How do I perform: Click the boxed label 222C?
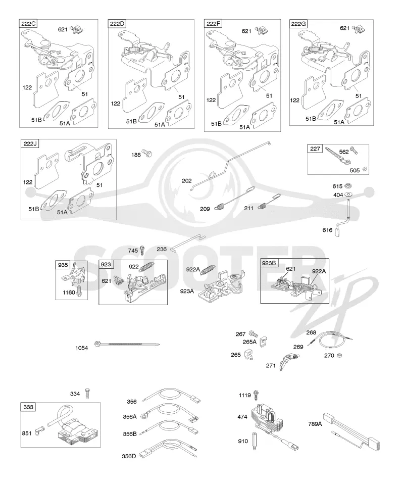(x=28, y=24)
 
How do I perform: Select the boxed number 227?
(x=315, y=149)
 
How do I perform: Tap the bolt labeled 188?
(x=147, y=153)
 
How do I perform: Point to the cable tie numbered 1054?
(x=127, y=344)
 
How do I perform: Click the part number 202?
(x=187, y=181)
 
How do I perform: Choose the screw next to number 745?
(x=142, y=250)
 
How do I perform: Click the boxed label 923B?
(x=269, y=263)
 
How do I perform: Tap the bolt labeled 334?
(x=87, y=393)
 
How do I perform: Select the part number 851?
(x=27, y=433)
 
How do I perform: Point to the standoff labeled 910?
(x=255, y=441)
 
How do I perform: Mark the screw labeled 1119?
(x=256, y=395)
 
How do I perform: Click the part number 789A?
(x=315, y=424)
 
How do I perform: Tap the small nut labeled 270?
(x=339, y=355)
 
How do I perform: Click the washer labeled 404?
(x=348, y=195)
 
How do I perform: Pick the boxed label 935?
(x=63, y=265)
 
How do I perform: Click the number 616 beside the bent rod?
(x=327, y=230)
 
